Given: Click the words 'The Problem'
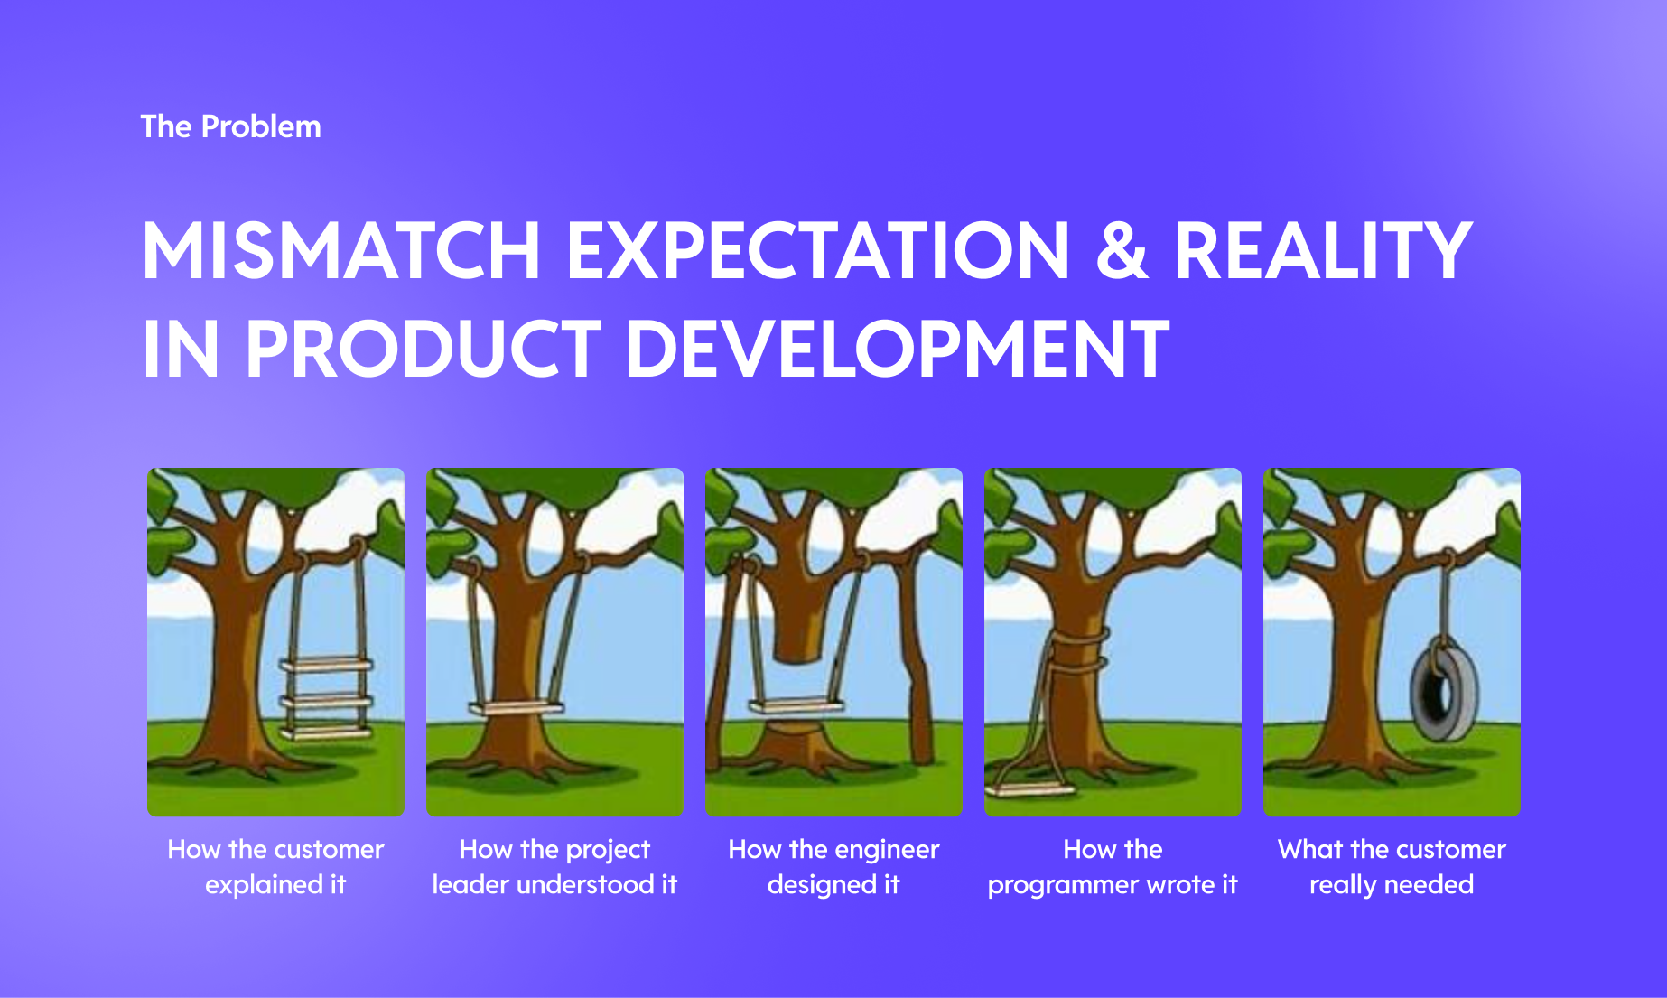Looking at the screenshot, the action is coord(231,126).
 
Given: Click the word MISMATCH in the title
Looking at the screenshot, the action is coord(341,250).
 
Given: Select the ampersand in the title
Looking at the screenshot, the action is coord(1121,250).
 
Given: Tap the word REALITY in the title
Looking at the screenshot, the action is coord(1323,250).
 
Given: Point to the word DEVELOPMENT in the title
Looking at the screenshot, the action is coord(898,349).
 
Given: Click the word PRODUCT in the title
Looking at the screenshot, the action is coord(423,349).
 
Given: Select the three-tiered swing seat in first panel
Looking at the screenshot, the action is coord(326,698).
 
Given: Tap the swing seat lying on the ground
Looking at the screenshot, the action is coord(1029,790).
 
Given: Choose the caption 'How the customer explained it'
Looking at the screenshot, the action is coord(275,867).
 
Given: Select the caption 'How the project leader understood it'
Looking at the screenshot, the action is coord(554,867).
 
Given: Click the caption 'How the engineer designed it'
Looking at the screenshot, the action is coord(833,867).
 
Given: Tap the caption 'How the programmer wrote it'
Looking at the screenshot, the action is coord(1113,867).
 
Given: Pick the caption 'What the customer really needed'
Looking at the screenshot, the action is coord(1392,867).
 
